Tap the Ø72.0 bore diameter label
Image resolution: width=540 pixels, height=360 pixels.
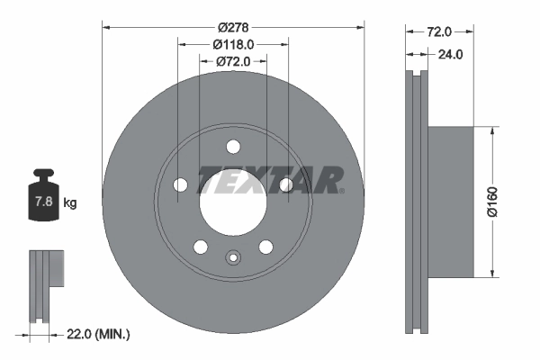click(x=232, y=61)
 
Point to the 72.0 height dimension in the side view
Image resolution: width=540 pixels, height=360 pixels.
click(x=438, y=31)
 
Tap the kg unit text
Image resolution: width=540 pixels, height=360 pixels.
click(x=69, y=203)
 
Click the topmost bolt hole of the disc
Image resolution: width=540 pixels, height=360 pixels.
click(x=232, y=147)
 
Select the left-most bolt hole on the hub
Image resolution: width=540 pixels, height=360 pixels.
click(x=180, y=184)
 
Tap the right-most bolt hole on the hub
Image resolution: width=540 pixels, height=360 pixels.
click(x=285, y=184)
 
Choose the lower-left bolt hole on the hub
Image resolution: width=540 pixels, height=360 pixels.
click(x=200, y=247)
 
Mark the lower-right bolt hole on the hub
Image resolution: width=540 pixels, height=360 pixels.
click(x=265, y=247)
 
